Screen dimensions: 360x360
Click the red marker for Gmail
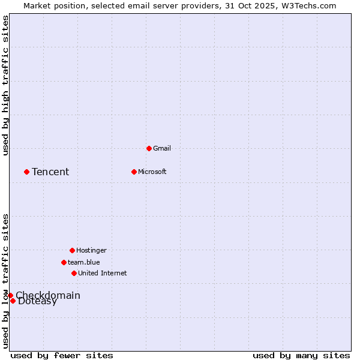tap(149, 148)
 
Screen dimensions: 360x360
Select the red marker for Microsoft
tap(134, 172)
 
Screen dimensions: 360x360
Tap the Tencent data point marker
tap(26, 172)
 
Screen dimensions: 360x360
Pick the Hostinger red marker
tap(72, 250)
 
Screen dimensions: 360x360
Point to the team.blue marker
tap(64, 262)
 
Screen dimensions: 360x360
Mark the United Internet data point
tap(74, 273)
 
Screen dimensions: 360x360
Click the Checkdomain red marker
tap(10, 295)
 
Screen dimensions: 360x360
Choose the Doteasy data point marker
tap(13, 301)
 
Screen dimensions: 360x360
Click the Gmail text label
tap(162, 148)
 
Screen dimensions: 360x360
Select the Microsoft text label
tap(152, 172)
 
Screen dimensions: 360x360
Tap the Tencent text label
tap(50, 172)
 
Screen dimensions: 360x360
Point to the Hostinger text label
tap(91, 250)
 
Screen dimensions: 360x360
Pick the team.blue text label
tap(84, 262)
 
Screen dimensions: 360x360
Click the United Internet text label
tap(103, 273)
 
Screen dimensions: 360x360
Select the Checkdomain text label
tap(48, 295)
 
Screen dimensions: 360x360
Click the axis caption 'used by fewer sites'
tap(62, 355)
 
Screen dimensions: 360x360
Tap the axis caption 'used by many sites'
tap(301, 355)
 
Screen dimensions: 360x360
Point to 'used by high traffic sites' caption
tap(5, 85)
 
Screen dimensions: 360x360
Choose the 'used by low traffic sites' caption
tap(5, 281)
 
